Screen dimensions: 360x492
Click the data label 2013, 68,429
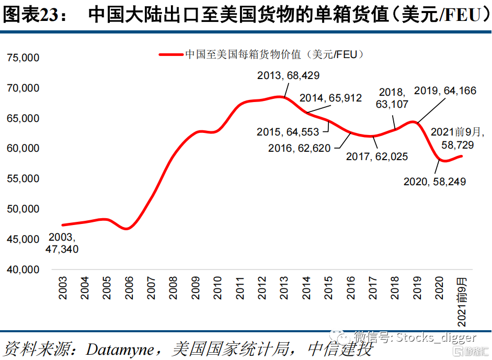[x=288, y=76]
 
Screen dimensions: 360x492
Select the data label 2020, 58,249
[x=434, y=182]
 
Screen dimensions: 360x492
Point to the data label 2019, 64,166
[x=445, y=91]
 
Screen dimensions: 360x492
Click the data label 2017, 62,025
[x=377, y=156]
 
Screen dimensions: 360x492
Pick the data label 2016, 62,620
[x=300, y=148]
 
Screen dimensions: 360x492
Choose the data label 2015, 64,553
[x=288, y=132]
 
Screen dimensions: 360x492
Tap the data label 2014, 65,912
[x=330, y=98]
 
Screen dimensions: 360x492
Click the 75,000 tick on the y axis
[x=23, y=58]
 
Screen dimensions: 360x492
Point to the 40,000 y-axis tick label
[x=23, y=269]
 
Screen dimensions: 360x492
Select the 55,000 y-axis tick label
[x=23, y=178]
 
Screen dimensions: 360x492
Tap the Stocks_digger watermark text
[x=436, y=337]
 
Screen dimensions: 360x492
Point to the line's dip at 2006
[x=127, y=229]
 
